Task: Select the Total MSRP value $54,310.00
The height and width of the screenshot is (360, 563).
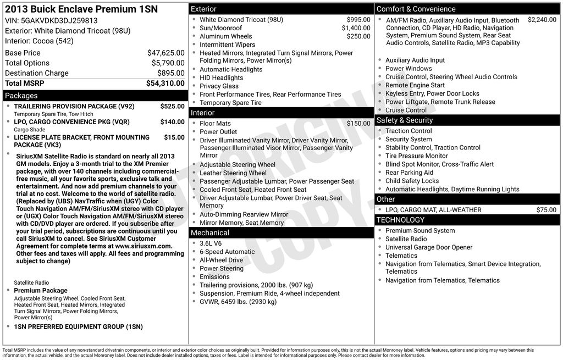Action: [165, 84]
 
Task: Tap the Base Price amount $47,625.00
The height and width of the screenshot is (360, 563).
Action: [165, 53]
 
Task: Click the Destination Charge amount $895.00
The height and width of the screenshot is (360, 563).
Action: [170, 73]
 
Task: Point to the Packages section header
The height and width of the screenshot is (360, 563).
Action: [21, 96]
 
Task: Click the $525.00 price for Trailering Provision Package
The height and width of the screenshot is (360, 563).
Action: [172, 106]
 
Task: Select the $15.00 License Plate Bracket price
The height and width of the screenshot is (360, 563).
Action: [174, 137]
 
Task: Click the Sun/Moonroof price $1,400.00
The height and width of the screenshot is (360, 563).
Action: [356, 28]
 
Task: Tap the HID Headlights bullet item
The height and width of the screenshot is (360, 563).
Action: [221, 78]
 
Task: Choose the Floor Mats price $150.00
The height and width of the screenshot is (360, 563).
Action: [358, 124]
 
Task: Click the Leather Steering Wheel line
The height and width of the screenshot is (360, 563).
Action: [233, 173]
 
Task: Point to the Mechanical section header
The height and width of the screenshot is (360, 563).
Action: [209, 233]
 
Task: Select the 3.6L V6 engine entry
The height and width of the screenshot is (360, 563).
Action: [211, 243]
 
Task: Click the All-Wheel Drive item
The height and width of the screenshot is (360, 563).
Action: [221, 260]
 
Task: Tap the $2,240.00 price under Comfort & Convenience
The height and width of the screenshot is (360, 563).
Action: [542, 20]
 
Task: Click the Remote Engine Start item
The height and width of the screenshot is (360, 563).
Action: [415, 85]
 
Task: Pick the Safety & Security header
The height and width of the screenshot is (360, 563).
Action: [404, 120]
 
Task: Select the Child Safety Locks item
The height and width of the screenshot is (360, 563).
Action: [412, 181]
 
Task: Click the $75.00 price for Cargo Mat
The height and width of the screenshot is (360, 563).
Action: [546, 210]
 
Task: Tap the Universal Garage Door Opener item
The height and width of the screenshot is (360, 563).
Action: [428, 247]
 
